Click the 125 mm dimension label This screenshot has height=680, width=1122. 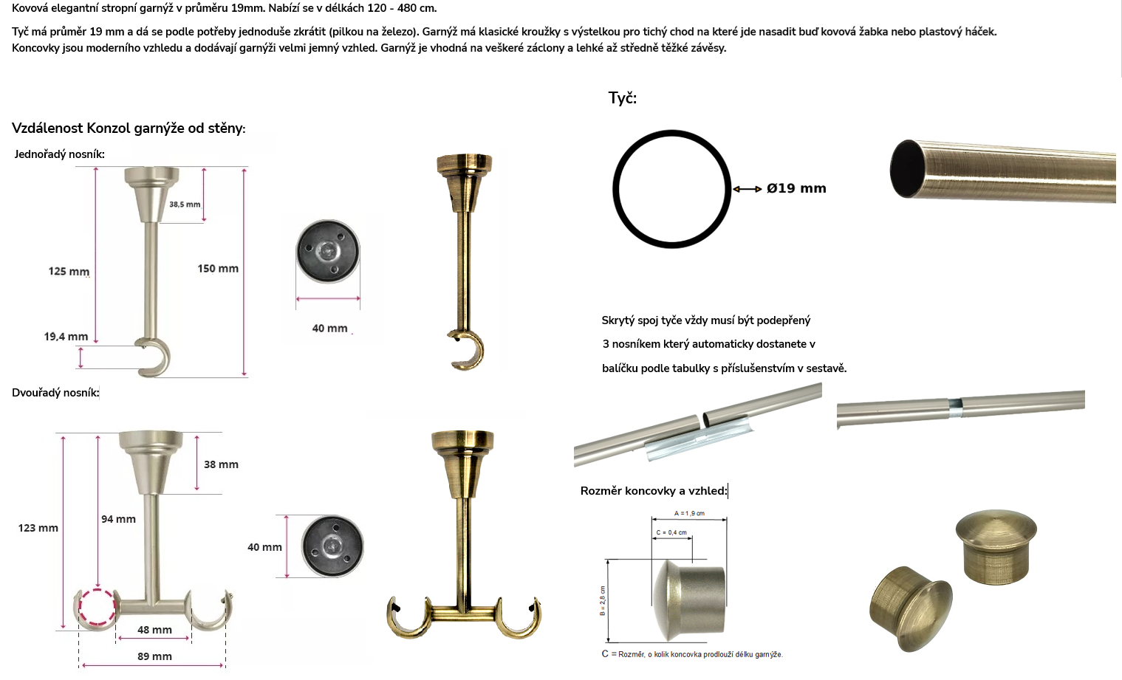click(69, 272)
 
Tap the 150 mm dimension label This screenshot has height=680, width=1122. click(218, 269)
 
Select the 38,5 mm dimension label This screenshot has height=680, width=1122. click(185, 205)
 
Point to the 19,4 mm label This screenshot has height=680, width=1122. click(66, 337)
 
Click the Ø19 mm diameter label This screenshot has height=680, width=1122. click(796, 188)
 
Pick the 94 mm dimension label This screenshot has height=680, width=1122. click(118, 519)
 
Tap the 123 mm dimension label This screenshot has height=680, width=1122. click(38, 528)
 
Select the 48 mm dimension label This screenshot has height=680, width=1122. click(154, 630)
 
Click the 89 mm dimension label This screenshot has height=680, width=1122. click(154, 656)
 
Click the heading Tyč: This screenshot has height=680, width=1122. click(622, 98)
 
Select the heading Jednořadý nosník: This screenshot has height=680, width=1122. click(59, 154)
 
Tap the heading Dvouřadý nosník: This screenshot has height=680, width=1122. click(55, 393)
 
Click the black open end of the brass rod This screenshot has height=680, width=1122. click(907, 169)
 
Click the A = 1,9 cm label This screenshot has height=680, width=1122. click(689, 513)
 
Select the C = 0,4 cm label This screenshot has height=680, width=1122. click(671, 532)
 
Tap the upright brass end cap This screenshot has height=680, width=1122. click(996, 546)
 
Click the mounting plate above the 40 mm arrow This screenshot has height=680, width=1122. click(328, 251)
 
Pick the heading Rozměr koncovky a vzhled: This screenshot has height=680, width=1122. click(654, 491)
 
